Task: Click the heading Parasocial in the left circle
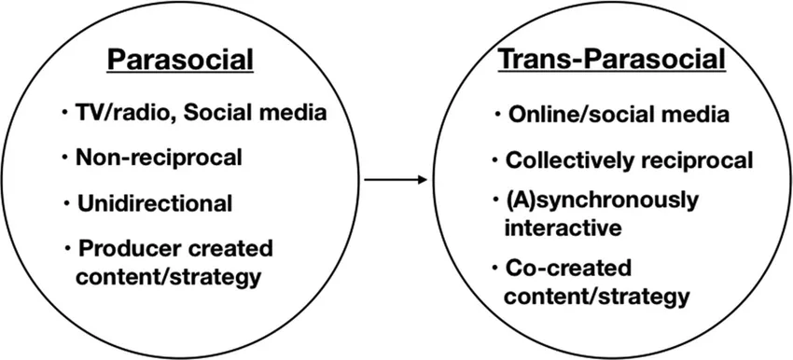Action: click(x=180, y=61)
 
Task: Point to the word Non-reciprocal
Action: click(x=160, y=158)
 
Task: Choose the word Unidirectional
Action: click(x=156, y=202)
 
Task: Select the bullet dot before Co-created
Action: click(x=494, y=270)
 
